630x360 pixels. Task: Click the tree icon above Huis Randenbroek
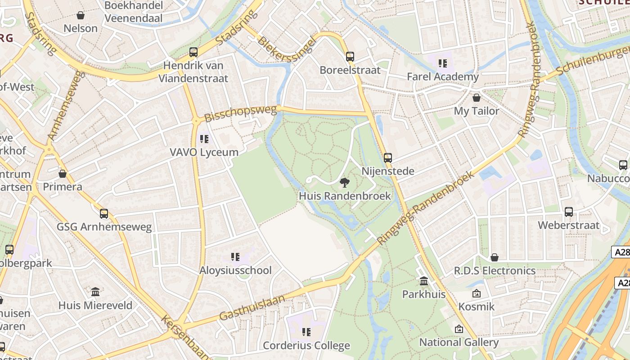(x=345, y=182)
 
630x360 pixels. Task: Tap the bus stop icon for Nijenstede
(x=388, y=158)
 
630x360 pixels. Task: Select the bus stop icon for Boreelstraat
(x=350, y=57)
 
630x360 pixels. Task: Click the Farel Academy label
(x=443, y=76)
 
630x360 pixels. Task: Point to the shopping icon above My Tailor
(x=477, y=98)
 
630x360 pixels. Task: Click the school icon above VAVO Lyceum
(x=204, y=139)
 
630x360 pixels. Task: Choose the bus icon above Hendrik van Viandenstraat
(x=193, y=52)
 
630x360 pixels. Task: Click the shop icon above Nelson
(x=81, y=15)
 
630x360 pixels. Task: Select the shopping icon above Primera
(x=63, y=174)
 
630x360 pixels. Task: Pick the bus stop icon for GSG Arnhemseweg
(x=104, y=214)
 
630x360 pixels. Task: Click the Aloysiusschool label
(x=235, y=270)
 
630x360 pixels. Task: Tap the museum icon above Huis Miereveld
(x=95, y=292)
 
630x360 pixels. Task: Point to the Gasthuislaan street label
(x=252, y=307)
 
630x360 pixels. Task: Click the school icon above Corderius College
(x=306, y=332)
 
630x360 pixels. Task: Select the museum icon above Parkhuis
(x=424, y=281)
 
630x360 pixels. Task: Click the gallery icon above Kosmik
(x=476, y=294)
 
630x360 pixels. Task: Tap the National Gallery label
(x=459, y=342)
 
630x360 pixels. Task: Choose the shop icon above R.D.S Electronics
(x=495, y=257)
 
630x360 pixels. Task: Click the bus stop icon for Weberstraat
(x=569, y=212)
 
